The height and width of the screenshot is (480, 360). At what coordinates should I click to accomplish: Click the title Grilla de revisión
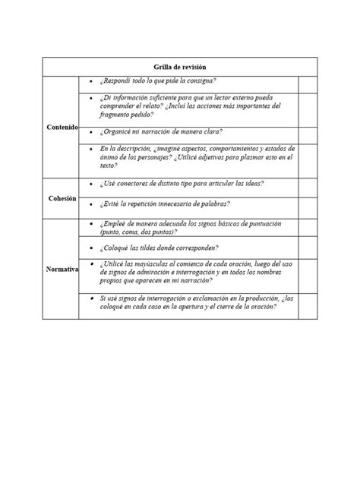tap(179, 68)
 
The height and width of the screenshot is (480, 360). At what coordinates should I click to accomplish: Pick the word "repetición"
tap(158, 204)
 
